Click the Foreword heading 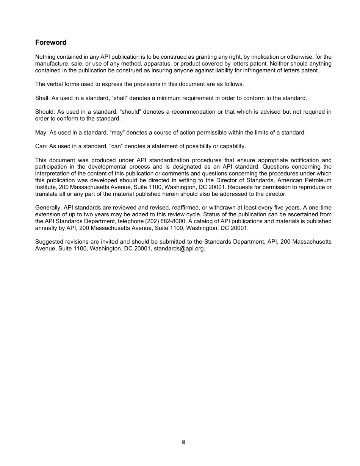click(x=51, y=42)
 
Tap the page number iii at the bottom click(x=183, y=442)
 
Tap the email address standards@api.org click(x=179, y=249)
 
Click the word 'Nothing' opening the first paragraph click(x=45, y=57)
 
